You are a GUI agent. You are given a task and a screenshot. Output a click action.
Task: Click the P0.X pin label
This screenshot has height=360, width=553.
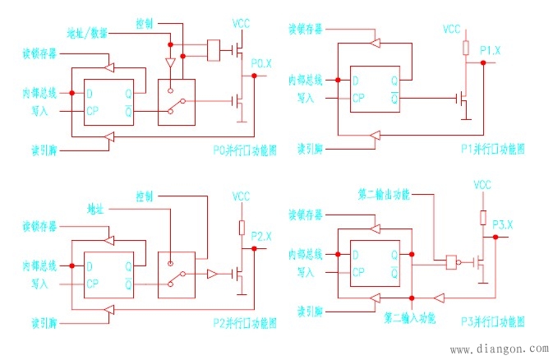point(260,62)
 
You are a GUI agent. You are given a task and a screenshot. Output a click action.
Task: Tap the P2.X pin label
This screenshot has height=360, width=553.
point(260,236)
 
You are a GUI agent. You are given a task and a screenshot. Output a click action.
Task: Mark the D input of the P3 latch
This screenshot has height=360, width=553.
point(356,253)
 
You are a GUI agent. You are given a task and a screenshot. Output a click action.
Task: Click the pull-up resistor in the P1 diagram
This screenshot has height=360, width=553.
point(466,47)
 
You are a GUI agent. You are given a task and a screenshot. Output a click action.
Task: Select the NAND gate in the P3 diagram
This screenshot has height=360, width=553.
point(451,262)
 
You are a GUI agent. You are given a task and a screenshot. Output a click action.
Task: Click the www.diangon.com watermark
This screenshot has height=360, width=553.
point(497,348)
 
